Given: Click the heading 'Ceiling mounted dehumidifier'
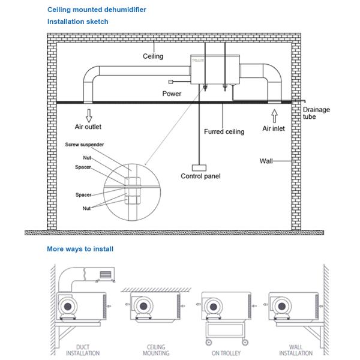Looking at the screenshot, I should click(x=97, y=10).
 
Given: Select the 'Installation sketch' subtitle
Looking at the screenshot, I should click(x=78, y=22).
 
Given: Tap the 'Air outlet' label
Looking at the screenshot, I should click(x=89, y=127).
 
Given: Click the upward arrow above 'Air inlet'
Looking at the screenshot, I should click(x=274, y=115).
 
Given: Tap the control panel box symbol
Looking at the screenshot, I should click(x=199, y=168).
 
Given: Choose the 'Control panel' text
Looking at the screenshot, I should click(x=200, y=176).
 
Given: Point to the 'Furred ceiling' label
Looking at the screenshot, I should click(x=224, y=131).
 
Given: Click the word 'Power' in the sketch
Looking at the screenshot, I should click(x=172, y=94).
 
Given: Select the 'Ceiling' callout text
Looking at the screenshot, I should click(x=153, y=56).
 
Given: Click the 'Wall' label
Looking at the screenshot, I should click(x=266, y=161).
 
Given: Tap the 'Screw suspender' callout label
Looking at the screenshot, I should click(x=84, y=145).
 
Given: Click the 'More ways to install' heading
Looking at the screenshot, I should click(x=80, y=248).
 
